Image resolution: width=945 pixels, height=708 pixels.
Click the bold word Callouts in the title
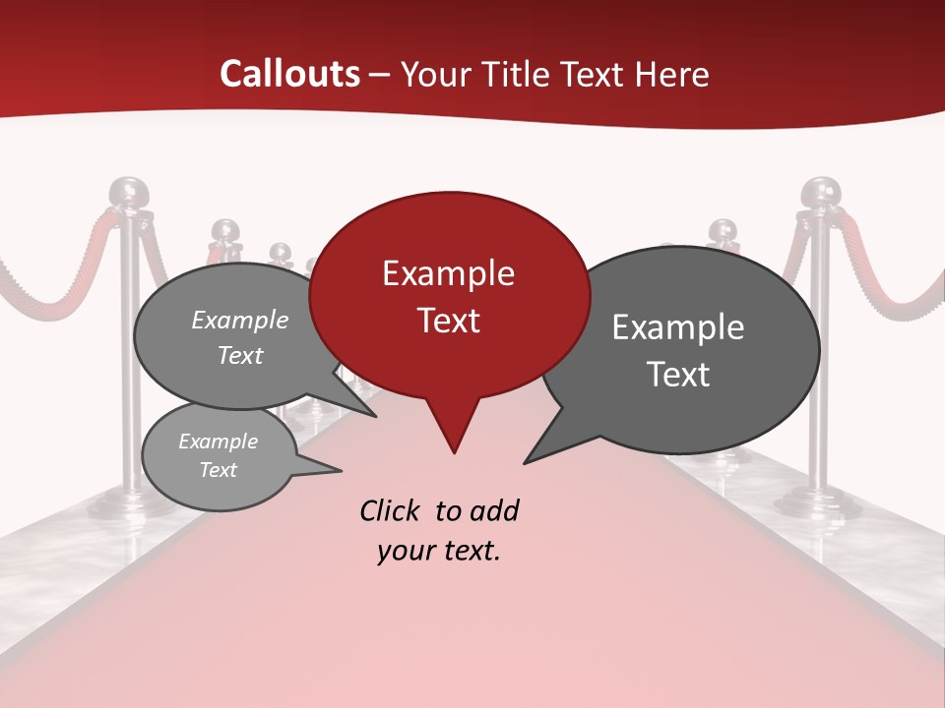click(x=289, y=74)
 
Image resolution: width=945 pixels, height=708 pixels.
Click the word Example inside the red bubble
click(x=448, y=273)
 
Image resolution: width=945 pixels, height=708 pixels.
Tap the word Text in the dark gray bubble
click(x=678, y=375)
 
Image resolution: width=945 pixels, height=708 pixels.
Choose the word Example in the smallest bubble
click(x=218, y=442)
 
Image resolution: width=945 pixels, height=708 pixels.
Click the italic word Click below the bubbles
click(x=392, y=510)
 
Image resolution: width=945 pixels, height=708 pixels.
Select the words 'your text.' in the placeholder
click(x=439, y=551)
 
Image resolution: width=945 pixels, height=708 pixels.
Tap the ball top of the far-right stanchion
click(x=819, y=193)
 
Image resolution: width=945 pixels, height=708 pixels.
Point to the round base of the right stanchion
click(x=818, y=502)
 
